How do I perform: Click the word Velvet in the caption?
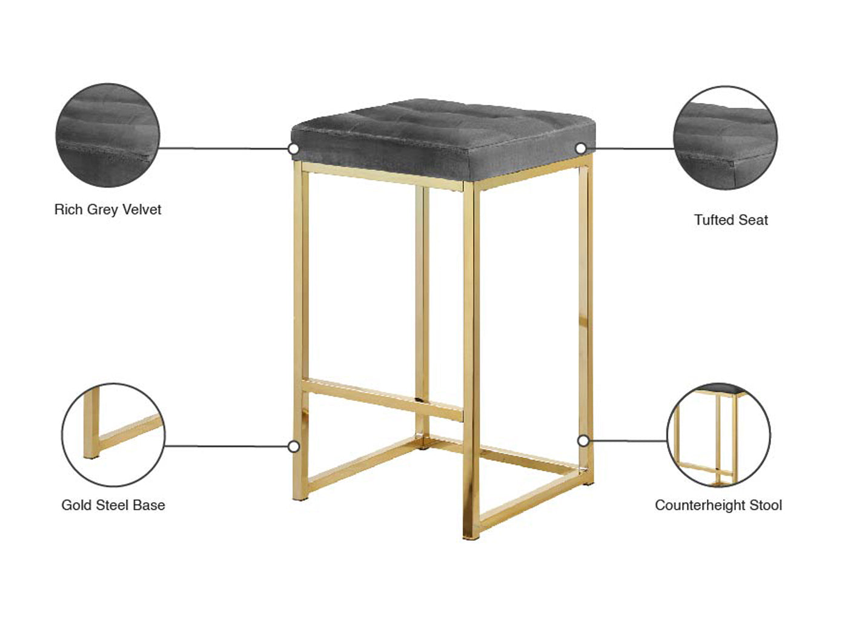(x=142, y=210)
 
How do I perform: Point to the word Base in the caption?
(x=149, y=505)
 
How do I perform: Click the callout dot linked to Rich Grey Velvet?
(x=294, y=148)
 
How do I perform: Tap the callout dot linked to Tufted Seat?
(x=581, y=148)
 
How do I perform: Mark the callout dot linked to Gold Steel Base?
(x=294, y=446)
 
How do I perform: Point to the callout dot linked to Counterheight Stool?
(x=583, y=440)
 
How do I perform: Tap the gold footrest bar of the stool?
(x=382, y=400)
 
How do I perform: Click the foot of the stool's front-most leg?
(x=471, y=536)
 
